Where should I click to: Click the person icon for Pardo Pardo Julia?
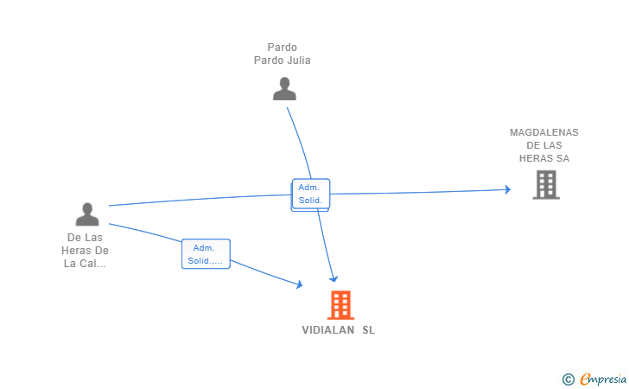pyautogui.click(x=284, y=88)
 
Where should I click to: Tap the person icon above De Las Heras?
pyautogui.click(x=87, y=214)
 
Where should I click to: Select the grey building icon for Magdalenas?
pyautogui.click(x=545, y=184)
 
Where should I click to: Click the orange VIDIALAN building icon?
pyautogui.click(x=340, y=304)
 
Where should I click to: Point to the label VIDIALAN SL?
pyautogui.click(x=339, y=330)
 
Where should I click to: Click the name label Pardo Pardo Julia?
pyautogui.click(x=283, y=54)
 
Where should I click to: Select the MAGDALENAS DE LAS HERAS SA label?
pyautogui.click(x=544, y=145)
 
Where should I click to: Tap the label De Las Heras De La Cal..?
pyautogui.click(x=86, y=251)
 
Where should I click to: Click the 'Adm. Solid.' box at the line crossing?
pyautogui.click(x=310, y=194)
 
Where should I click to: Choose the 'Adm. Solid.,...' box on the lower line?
pyautogui.click(x=206, y=254)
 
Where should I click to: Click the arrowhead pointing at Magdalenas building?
pyautogui.click(x=507, y=189)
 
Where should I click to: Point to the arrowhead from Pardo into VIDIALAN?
pyautogui.click(x=334, y=278)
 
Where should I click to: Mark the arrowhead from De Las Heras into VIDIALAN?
pyautogui.click(x=299, y=284)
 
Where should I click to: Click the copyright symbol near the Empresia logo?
pyautogui.click(x=568, y=379)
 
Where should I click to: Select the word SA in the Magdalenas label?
pyautogui.click(x=562, y=158)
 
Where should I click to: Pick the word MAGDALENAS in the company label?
pyautogui.click(x=544, y=132)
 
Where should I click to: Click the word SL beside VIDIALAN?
pyautogui.click(x=369, y=330)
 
